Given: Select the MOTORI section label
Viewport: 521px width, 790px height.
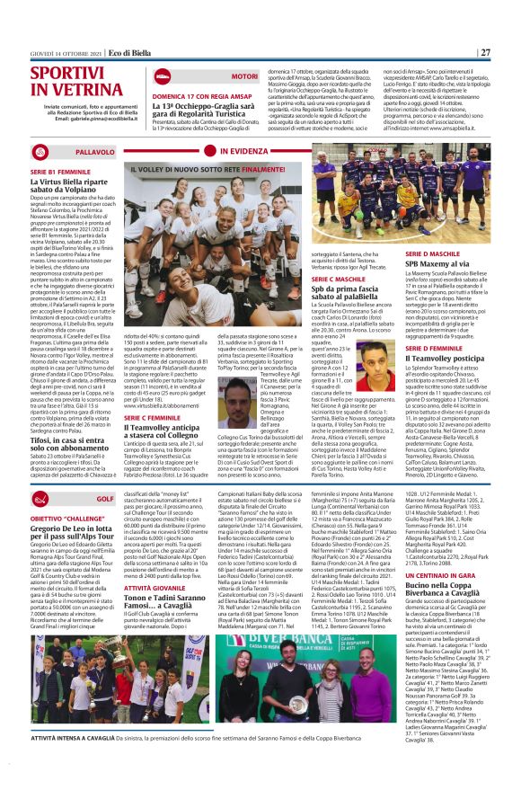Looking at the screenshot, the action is [x=243, y=77].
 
